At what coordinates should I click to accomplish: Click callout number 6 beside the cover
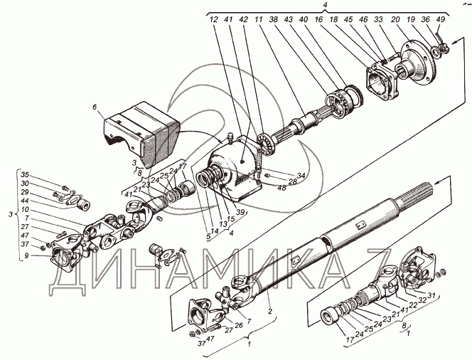[x=95, y=107]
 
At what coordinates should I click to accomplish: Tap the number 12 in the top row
[x=213, y=20]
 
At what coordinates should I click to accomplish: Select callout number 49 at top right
[x=440, y=20]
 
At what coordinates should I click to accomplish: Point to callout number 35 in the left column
[x=25, y=174]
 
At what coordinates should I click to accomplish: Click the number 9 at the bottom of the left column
[x=26, y=256]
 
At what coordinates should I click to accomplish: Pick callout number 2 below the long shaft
[x=270, y=311]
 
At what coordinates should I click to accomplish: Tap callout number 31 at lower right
[x=431, y=296]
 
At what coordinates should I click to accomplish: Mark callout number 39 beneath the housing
[x=240, y=211]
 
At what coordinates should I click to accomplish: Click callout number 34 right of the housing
[x=301, y=174]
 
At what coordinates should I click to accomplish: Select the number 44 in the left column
[x=25, y=201]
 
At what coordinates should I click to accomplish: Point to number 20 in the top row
[x=395, y=20]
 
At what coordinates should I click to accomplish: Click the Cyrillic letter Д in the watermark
[x=67, y=272]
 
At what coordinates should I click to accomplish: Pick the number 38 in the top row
[x=274, y=20]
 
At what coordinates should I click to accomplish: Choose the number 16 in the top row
[x=318, y=20]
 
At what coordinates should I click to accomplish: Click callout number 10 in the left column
[x=25, y=209]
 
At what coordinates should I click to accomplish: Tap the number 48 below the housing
[x=281, y=188]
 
